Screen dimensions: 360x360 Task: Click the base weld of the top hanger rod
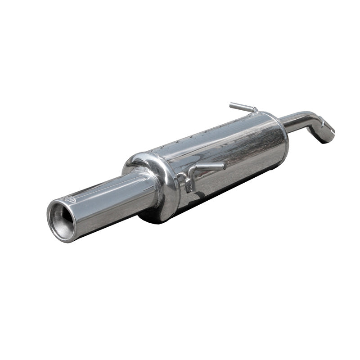click(x=255, y=111)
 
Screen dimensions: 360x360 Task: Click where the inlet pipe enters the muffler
click(x=283, y=124)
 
